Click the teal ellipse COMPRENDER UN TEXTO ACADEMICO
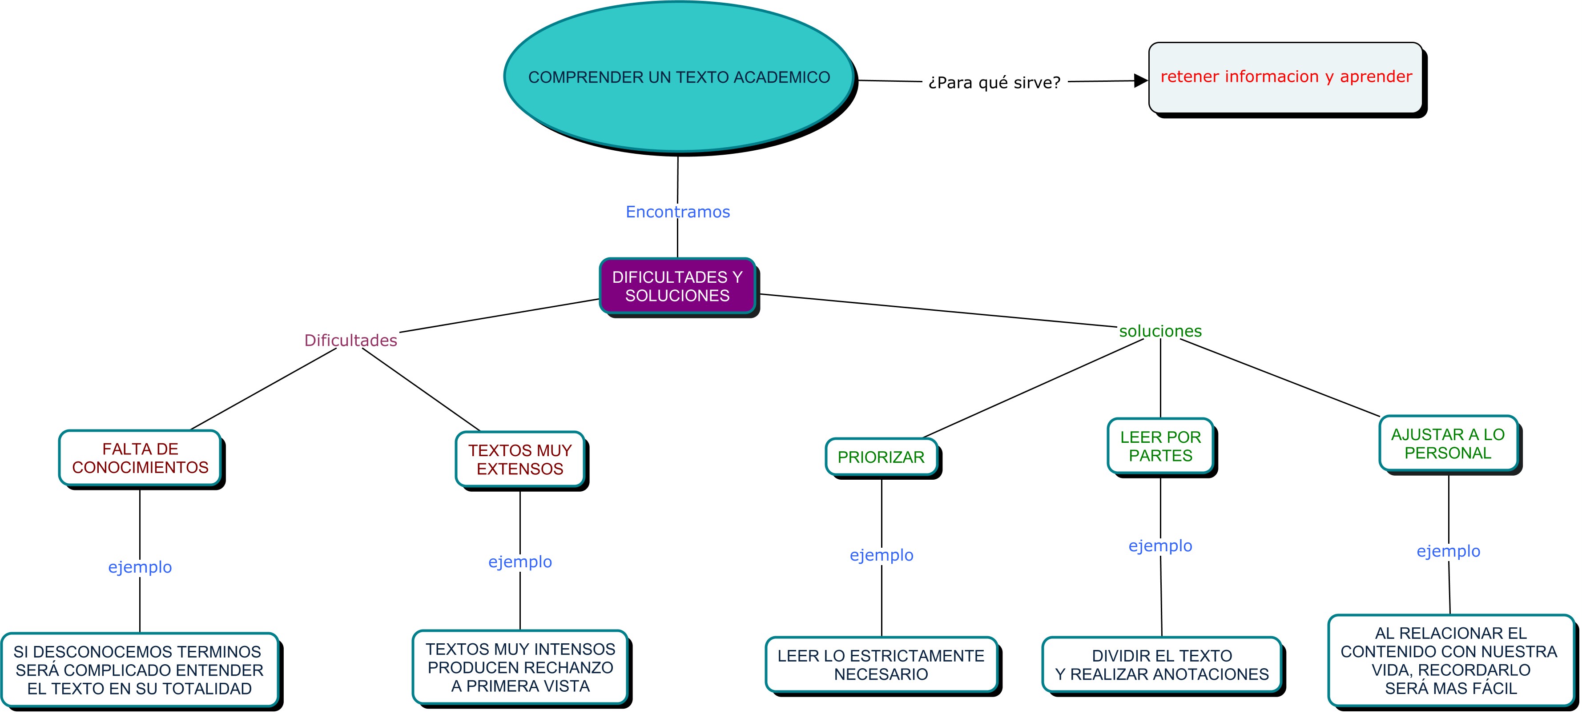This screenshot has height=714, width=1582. coord(679,77)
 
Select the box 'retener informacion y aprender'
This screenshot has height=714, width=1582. coord(1285,77)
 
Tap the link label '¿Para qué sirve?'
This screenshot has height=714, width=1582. coord(994,82)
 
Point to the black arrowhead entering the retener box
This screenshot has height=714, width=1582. coord(1141,80)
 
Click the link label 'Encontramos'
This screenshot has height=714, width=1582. coord(677,212)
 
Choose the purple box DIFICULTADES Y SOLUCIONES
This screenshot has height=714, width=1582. coord(677,286)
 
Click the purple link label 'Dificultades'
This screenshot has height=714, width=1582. coord(350,340)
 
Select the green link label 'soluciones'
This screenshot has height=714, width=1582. coord(1160,331)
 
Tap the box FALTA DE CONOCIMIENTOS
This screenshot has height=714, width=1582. coord(140,458)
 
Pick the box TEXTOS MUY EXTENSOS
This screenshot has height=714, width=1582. coord(520,459)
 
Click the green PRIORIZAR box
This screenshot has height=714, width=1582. coord(881,457)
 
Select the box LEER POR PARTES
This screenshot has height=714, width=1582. coord(1160,446)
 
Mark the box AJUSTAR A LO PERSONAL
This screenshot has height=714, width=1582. coord(1448,443)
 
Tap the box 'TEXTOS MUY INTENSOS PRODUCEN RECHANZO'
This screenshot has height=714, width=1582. coord(520,667)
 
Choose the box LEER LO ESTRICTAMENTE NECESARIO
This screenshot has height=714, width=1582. coord(881,665)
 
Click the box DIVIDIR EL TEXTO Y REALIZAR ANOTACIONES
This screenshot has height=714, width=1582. coord(1161,665)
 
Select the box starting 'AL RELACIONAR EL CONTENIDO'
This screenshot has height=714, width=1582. coord(1450,661)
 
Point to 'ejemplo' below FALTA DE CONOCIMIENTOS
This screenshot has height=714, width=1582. coord(140,567)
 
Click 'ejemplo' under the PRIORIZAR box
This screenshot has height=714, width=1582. coord(881,555)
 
